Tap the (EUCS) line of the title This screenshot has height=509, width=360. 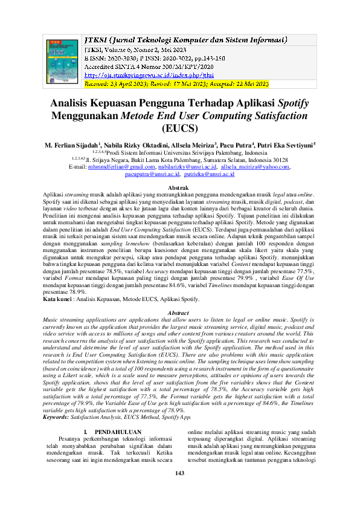click(179, 128)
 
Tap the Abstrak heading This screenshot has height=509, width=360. click(179, 189)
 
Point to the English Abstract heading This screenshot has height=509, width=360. click(179, 312)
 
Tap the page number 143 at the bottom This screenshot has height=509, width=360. click(179, 489)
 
